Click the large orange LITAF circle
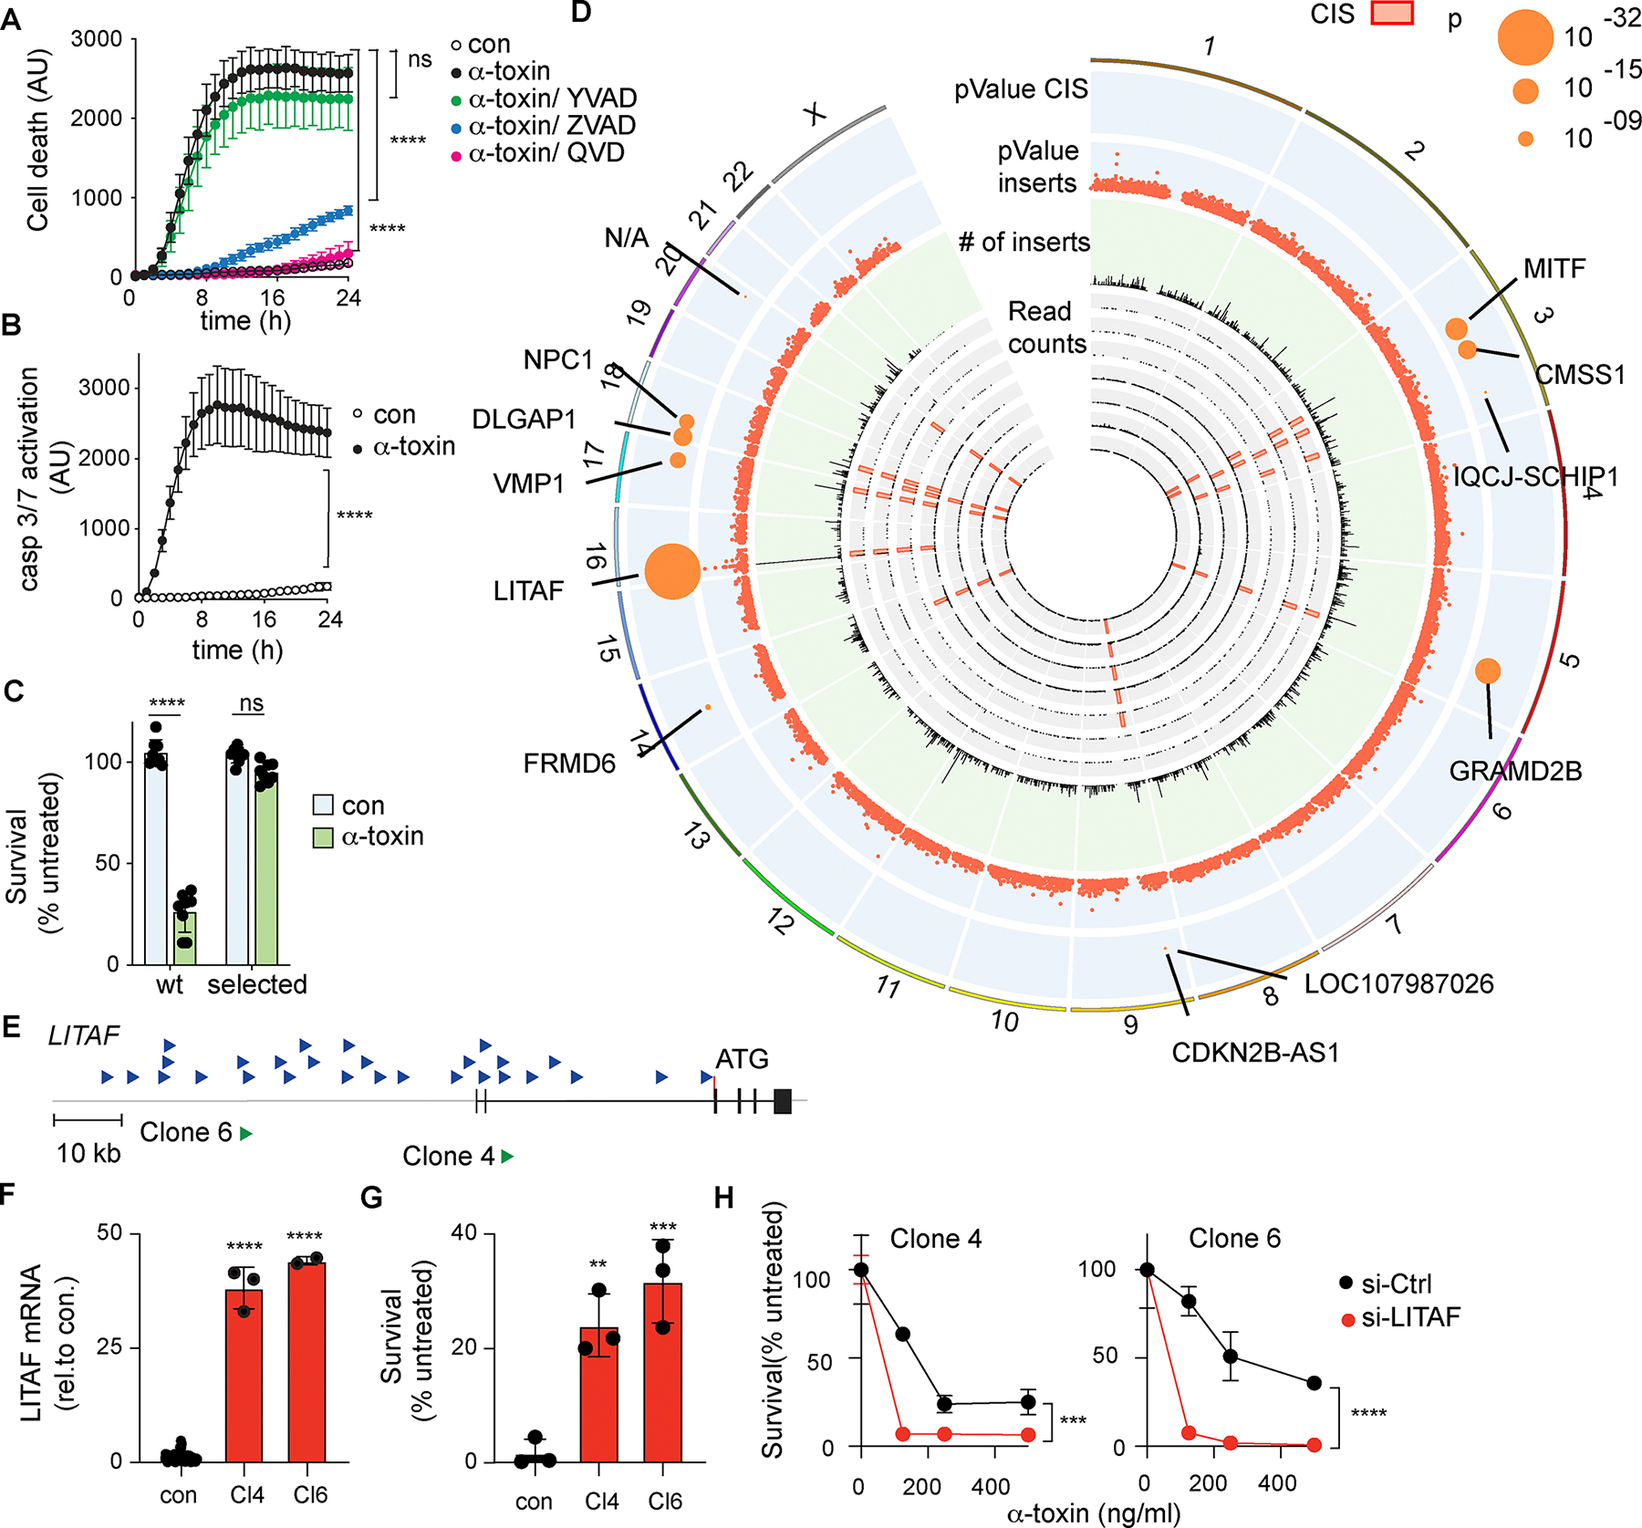coord(672,571)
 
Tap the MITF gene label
coord(1554,269)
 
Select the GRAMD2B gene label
coord(1515,772)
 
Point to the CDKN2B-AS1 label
coord(1255,1053)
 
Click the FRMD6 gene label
coord(569,764)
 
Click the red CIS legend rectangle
coord(1392,13)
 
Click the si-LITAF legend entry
coord(1409,1317)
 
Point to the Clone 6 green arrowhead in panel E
coord(246,1134)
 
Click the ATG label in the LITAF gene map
coord(742,1059)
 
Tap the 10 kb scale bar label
coord(88,1154)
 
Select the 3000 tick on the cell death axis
coord(96,39)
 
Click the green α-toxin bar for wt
coord(185,938)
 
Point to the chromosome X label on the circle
coord(815,114)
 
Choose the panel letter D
coord(580,12)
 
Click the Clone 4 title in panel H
coord(936,1239)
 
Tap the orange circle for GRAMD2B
coord(1487,671)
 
